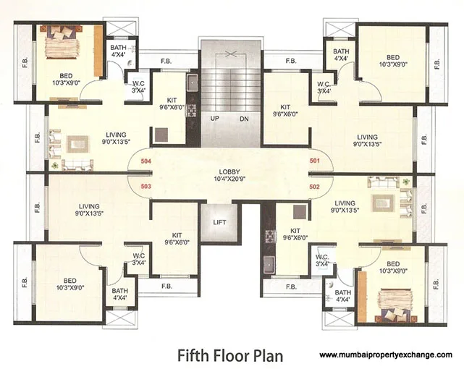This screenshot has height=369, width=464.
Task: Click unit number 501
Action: coord(315,161)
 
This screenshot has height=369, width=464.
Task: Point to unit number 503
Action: coord(145,186)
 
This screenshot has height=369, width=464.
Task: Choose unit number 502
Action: coord(315,186)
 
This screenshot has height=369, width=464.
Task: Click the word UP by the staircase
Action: coord(215,118)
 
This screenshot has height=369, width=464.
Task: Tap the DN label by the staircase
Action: coord(244,118)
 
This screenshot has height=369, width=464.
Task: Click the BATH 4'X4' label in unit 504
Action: coord(119,51)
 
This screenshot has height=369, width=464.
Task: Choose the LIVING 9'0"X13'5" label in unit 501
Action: coord(367,140)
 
